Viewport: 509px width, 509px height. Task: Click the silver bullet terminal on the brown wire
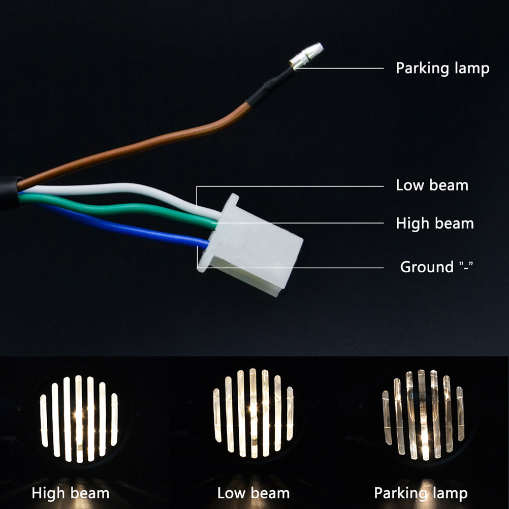pos(307,55)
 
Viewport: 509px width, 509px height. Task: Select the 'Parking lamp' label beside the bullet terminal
pos(442,69)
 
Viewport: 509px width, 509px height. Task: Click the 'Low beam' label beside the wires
pos(432,185)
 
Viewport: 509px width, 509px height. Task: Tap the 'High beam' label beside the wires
pos(435,224)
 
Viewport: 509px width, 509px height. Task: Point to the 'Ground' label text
pos(427,267)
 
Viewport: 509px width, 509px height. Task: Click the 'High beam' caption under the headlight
pos(71,493)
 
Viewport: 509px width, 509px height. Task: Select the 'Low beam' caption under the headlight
pos(253,493)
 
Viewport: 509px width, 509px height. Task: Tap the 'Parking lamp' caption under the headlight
pos(421,494)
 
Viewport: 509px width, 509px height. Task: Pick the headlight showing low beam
pos(253,413)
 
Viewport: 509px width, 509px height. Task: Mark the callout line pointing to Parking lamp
pos(339,68)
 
